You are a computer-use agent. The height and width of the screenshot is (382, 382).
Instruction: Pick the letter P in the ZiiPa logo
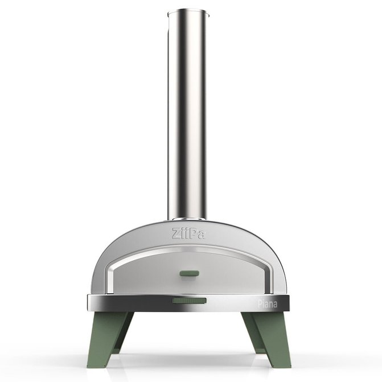pos(194,232)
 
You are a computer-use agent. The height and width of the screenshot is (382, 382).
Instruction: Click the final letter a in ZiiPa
pos(203,233)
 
